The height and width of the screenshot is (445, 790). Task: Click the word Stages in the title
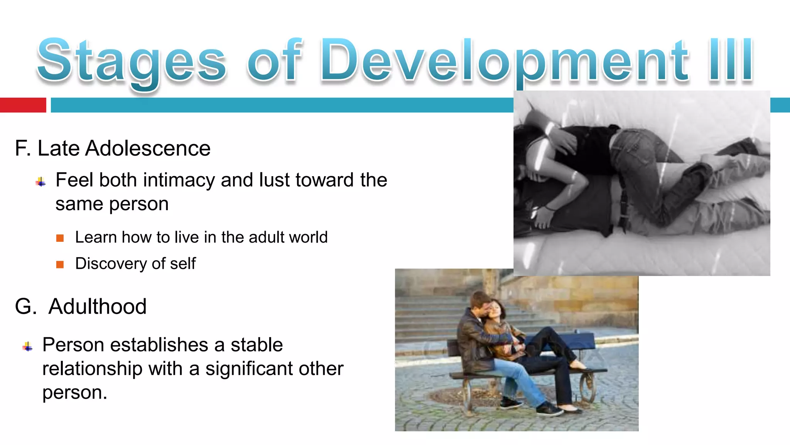tap(131, 62)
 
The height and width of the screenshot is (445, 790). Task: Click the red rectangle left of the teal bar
tap(23, 105)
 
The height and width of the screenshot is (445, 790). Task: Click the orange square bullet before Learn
tap(60, 238)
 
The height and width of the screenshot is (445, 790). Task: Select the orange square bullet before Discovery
tap(60, 265)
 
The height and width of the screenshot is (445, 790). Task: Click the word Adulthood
tap(97, 306)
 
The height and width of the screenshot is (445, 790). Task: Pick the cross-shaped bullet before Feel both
tap(41, 182)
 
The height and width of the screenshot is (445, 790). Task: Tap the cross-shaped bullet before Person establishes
tap(27, 346)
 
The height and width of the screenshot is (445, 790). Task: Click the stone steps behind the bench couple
tap(432, 317)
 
